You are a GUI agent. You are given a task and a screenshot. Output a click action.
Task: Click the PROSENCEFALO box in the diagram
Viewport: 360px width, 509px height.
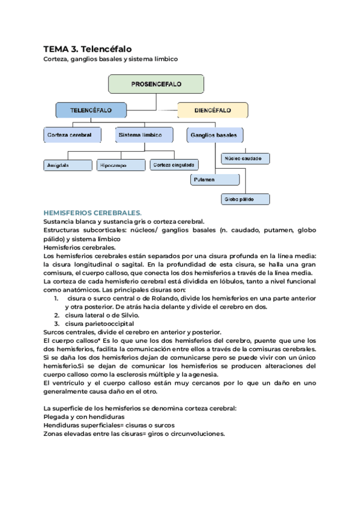[156, 84]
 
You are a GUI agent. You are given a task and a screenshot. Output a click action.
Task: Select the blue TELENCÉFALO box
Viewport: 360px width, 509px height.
[91, 110]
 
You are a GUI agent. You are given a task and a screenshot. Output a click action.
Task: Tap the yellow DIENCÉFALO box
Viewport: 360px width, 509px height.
[212, 110]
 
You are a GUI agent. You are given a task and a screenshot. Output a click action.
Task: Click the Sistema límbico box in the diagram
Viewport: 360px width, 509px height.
[144, 135]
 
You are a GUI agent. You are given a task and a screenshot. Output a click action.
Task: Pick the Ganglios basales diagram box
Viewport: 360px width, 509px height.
[214, 135]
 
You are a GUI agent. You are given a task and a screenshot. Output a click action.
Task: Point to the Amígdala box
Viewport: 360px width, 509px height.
[67, 164]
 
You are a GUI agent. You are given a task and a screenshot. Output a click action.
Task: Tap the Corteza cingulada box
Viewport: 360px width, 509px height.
[174, 164]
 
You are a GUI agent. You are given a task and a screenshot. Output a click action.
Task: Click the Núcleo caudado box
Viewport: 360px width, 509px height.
[245, 158]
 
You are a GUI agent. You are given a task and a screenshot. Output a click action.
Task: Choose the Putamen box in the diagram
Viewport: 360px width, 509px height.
[214, 179]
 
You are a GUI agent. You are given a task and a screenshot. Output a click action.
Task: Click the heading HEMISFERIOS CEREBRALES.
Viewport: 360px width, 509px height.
[92, 212]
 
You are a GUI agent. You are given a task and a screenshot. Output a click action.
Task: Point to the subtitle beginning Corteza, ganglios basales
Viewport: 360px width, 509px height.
[110, 59]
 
